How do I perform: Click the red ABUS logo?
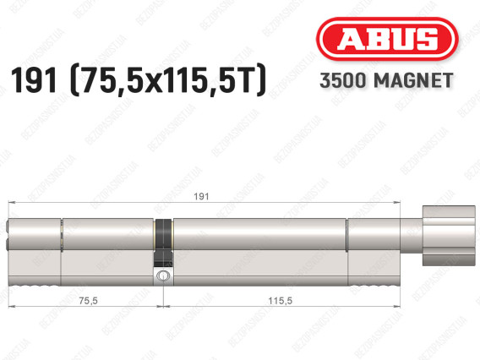pos(387,39)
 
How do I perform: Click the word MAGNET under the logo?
pos(413,80)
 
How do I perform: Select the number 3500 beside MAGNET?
pos(343,80)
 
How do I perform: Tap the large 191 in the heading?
pos(34,80)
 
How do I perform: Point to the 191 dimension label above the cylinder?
pos(201,196)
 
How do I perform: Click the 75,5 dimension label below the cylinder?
pos(88,301)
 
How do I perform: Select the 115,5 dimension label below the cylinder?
pos(280,301)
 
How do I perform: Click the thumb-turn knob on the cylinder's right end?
pos(449,236)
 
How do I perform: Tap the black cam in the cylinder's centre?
pos(164,243)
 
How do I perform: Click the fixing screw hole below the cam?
pos(162,275)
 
